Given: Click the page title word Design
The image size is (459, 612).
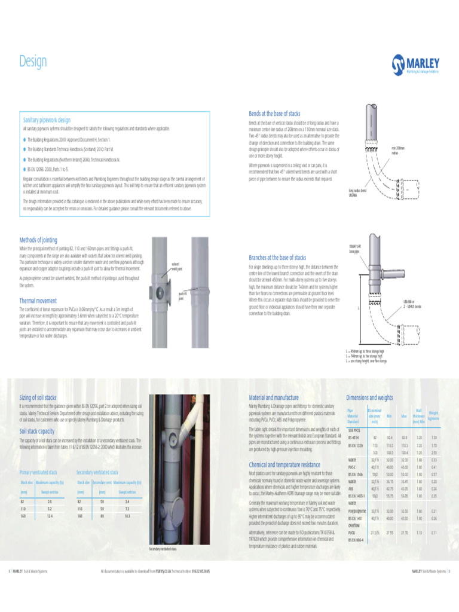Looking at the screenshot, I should [33, 62].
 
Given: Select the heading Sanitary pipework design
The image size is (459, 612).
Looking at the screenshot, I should [47, 120].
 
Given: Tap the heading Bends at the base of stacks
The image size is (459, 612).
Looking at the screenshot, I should [274, 113].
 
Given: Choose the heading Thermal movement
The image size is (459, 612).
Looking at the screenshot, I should [38, 301].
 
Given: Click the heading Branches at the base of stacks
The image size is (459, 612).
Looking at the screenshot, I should [277, 258].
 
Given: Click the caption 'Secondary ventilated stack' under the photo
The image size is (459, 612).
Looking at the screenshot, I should [162, 548].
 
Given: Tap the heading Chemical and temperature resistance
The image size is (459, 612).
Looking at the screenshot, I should [284, 464].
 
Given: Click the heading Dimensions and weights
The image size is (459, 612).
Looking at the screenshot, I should [369, 397].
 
